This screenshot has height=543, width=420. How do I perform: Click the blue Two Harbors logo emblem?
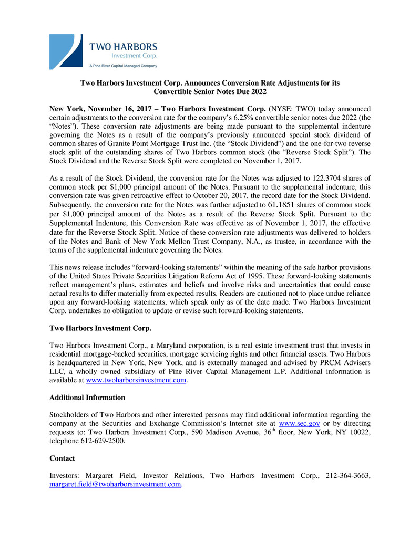tap(66, 51)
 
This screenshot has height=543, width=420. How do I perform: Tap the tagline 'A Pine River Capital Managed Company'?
tap(123, 66)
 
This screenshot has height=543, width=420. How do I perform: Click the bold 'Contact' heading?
tap(62, 458)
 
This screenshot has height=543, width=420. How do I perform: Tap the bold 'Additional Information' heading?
tap(87, 398)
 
